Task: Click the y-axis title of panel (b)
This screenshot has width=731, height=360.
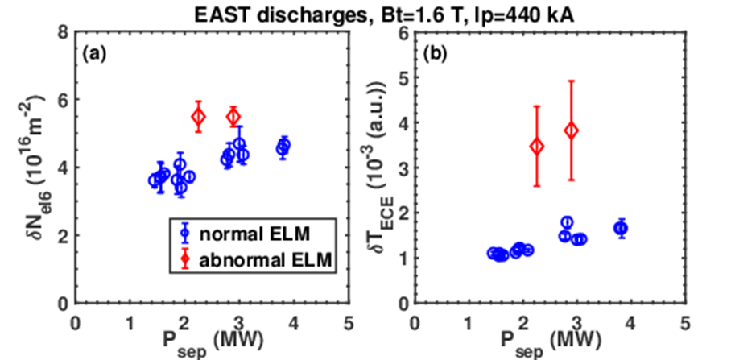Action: coord(377,168)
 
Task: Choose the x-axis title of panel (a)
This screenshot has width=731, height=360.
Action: coord(212,338)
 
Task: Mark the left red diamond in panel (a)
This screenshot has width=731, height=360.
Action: coord(198,117)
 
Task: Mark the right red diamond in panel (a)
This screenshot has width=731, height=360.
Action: coord(233,117)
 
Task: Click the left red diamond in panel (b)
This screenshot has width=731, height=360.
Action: coord(537,146)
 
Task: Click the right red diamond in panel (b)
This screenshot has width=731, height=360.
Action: coord(572,130)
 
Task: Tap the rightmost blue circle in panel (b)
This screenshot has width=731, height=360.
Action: coord(621,229)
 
